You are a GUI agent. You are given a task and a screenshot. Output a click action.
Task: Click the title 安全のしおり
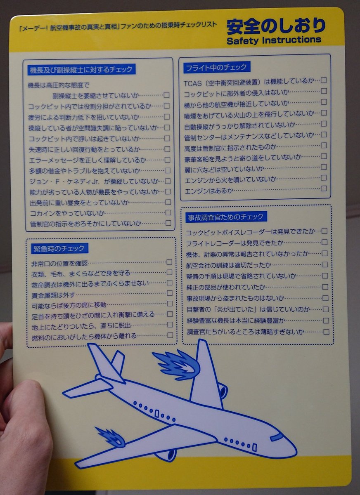[x=276, y=26]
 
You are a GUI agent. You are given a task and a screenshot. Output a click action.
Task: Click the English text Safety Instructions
[x=274, y=40]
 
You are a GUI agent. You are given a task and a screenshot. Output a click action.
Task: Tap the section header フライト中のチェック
[x=216, y=67]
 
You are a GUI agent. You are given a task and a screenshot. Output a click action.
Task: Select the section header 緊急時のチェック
[x=59, y=248]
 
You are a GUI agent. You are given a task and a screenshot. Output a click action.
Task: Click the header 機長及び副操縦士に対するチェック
[x=81, y=70]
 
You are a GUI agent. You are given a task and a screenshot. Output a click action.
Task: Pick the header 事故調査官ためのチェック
[x=226, y=217]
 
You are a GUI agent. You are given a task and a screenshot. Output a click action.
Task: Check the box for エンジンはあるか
[x=324, y=188]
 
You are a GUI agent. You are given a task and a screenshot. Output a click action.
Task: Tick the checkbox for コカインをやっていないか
[x=168, y=212]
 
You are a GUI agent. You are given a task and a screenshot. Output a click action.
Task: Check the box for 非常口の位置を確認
[x=169, y=262]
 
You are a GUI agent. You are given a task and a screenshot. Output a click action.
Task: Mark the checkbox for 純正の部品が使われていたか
[x=325, y=287]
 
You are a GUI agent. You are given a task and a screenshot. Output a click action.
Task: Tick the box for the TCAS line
[x=324, y=80]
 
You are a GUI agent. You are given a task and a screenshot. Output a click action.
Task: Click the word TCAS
[x=193, y=83]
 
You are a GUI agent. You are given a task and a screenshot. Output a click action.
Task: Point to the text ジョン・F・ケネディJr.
[x=64, y=181]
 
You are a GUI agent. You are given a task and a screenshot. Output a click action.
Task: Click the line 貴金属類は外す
[x=53, y=295]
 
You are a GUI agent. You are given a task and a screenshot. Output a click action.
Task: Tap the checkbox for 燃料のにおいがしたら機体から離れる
[x=170, y=335]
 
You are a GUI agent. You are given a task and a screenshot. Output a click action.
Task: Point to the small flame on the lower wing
[x=111, y=436]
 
